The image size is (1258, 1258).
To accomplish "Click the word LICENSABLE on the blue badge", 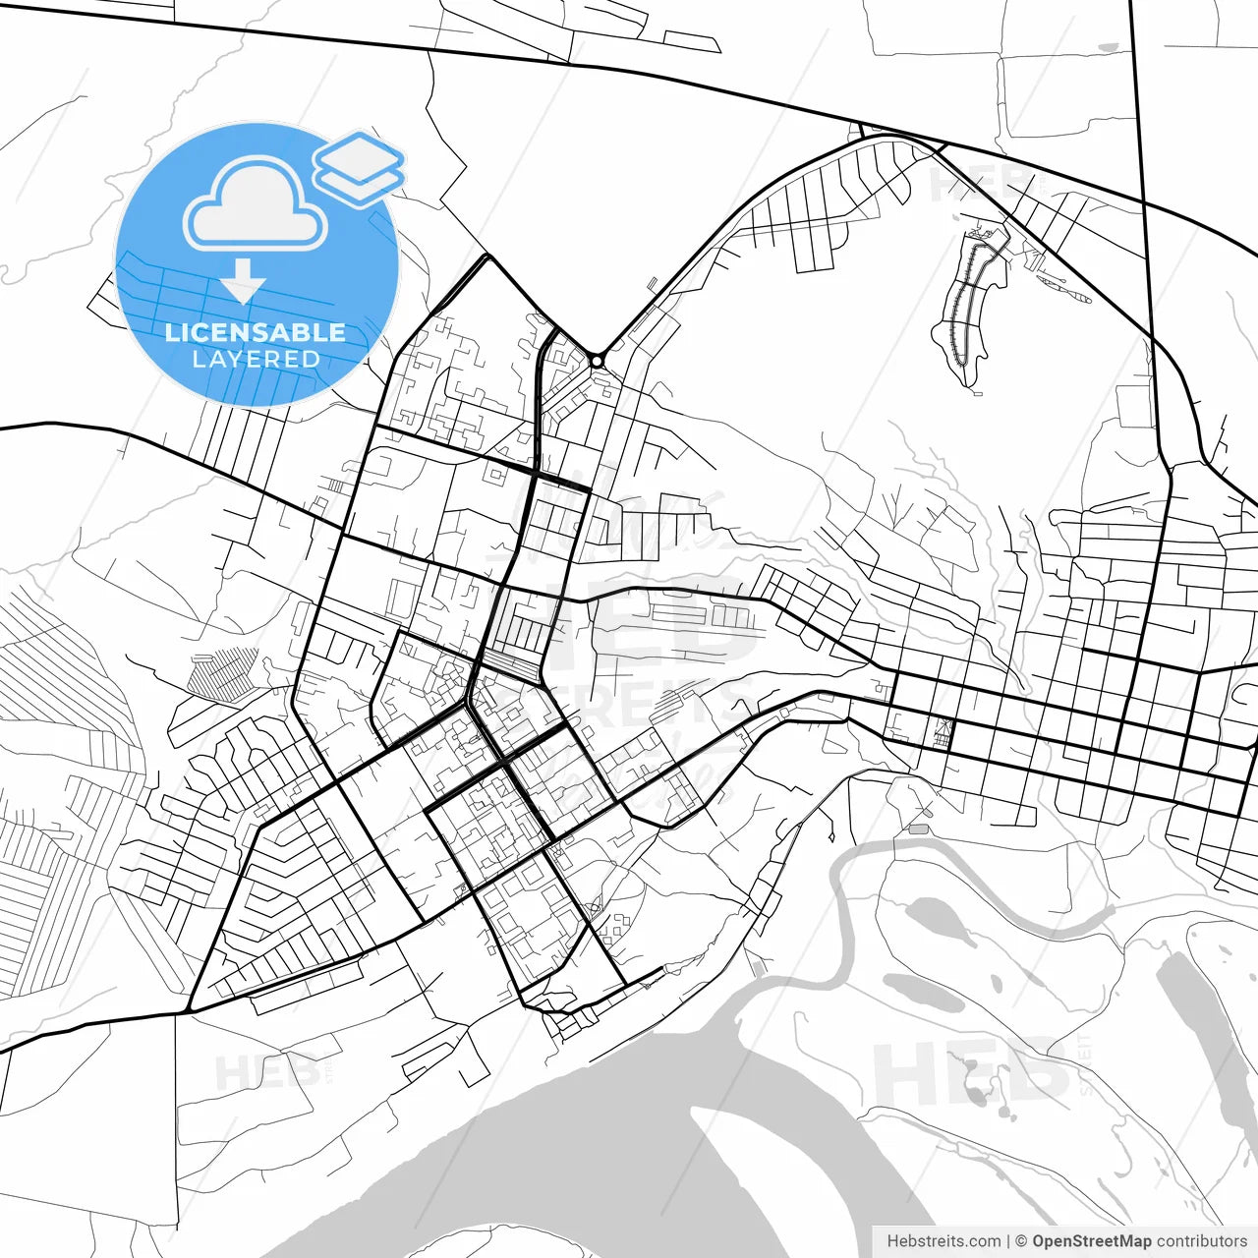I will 256,332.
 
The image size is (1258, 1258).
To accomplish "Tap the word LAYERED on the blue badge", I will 256,359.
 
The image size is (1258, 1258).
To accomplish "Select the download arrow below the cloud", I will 243,286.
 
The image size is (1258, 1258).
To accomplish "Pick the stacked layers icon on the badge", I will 360,167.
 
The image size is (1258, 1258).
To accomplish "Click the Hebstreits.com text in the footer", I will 943,1241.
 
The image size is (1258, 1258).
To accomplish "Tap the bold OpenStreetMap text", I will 1091,1241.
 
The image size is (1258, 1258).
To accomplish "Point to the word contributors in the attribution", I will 1201,1241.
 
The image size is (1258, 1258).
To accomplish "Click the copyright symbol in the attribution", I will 1021,1241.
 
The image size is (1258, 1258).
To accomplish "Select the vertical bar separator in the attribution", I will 1008,1241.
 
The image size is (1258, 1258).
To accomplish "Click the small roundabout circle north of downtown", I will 597,362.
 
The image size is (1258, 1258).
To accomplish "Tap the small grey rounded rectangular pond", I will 919,829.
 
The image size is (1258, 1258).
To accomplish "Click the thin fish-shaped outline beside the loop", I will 1061,286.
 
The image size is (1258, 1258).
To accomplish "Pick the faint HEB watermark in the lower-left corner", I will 265,1071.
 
